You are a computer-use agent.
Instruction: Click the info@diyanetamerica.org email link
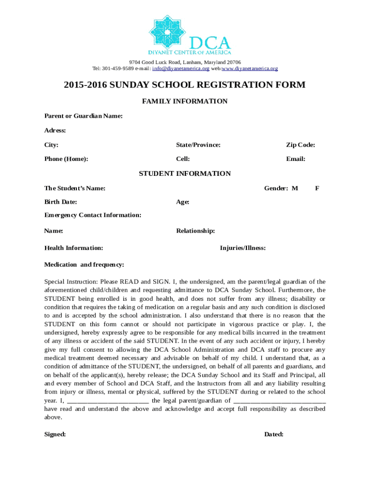181,69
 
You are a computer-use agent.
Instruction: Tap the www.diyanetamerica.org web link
250,69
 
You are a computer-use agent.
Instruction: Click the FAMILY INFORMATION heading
185,101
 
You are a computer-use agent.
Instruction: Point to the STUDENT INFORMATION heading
185,174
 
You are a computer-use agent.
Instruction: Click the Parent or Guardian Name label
83,116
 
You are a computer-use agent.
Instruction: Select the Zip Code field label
300,145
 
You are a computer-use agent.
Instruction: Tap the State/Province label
198,145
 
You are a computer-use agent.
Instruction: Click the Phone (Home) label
66,159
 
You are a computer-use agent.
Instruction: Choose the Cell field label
183,159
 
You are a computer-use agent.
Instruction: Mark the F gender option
317,188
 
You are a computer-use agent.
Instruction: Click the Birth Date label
61,202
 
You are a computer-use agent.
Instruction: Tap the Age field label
183,202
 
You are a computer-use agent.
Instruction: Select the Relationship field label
195,231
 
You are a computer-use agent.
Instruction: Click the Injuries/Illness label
243,248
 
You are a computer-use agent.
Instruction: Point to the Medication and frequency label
84,265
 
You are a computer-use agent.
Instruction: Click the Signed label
55,434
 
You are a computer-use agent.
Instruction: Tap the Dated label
273,434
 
